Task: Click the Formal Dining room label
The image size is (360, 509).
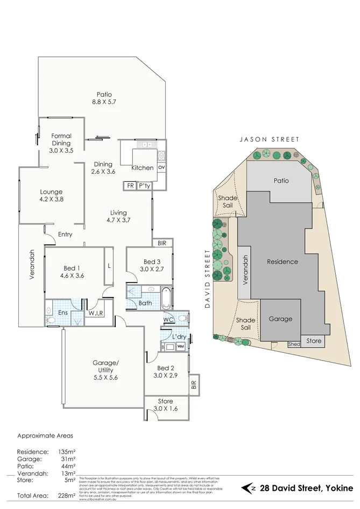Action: [x=61, y=143]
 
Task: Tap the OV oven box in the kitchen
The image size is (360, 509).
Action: [x=161, y=167]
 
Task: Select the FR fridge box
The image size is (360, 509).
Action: [x=130, y=186]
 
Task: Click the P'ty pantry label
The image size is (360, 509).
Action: [x=144, y=186]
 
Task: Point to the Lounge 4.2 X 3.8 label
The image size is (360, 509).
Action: [x=51, y=196]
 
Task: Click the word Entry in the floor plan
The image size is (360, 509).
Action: [x=65, y=234]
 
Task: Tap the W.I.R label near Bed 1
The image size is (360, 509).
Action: [x=96, y=314]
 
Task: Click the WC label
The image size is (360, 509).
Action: [x=168, y=319]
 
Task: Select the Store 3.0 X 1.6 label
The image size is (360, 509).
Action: [x=166, y=405]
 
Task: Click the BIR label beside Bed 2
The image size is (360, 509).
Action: [x=194, y=385]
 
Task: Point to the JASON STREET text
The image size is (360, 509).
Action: [x=270, y=139]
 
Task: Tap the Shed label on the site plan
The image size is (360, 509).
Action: [x=294, y=344]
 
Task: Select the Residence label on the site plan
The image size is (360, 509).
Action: [x=282, y=262]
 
